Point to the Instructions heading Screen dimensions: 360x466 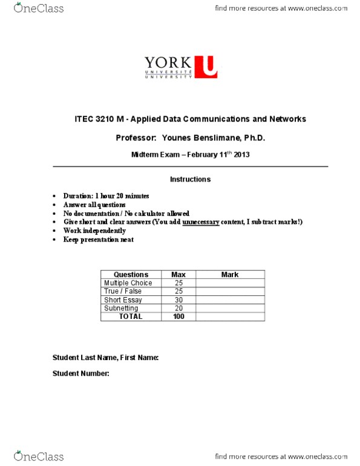[190, 179]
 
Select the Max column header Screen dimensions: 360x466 [178, 275]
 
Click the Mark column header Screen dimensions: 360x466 [230, 275]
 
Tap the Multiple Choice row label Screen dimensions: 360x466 [128, 283]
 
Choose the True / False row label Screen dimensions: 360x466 [124, 292]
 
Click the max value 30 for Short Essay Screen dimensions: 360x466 [178, 300]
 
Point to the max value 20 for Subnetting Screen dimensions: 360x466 [178, 309]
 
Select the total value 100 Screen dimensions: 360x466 [178, 317]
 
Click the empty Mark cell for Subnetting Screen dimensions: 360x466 [230, 309]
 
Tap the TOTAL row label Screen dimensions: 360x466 [131, 317]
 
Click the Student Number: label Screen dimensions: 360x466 [80, 373]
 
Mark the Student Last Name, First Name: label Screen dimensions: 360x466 [105, 358]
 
